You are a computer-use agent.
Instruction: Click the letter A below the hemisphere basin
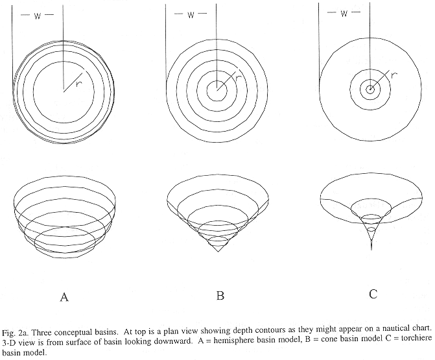point(64,296)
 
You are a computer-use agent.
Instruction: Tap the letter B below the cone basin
point(220,295)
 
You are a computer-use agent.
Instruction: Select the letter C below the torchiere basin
point(373,294)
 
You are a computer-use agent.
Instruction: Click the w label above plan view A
point(38,16)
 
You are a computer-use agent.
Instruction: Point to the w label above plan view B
point(191,15)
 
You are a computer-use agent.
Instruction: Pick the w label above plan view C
point(344,14)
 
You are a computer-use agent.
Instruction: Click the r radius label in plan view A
point(79,84)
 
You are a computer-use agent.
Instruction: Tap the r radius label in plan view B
point(238,78)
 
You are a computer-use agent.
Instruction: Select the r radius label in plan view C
point(394,75)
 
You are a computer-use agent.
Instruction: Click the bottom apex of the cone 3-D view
point(218,252)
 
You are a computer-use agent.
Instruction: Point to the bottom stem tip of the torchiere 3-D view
point(371,249)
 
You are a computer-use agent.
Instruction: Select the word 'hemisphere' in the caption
point(229,341)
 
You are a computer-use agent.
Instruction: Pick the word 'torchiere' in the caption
point(417,339)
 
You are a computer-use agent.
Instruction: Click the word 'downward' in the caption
point(176,341)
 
